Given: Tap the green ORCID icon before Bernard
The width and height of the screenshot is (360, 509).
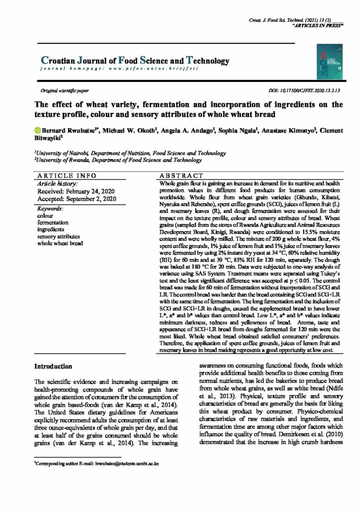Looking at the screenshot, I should (37, 131).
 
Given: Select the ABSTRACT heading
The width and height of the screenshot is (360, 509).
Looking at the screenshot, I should (181, 176).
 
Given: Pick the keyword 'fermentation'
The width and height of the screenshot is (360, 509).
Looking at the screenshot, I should (53, 223).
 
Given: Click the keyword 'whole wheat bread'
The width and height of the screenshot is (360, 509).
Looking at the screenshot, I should (60, 245).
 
